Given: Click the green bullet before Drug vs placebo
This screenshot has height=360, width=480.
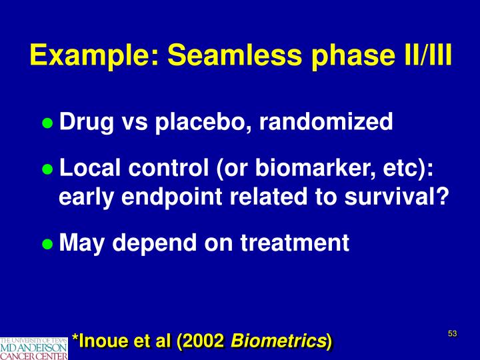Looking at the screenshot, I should click(x=47, y=123).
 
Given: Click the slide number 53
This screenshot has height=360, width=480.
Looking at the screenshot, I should click(x=453, y=333).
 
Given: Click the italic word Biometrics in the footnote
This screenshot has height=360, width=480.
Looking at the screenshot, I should click(x=278, y=342).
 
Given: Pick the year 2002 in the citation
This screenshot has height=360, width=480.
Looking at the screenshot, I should click(x=203, y=342).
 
